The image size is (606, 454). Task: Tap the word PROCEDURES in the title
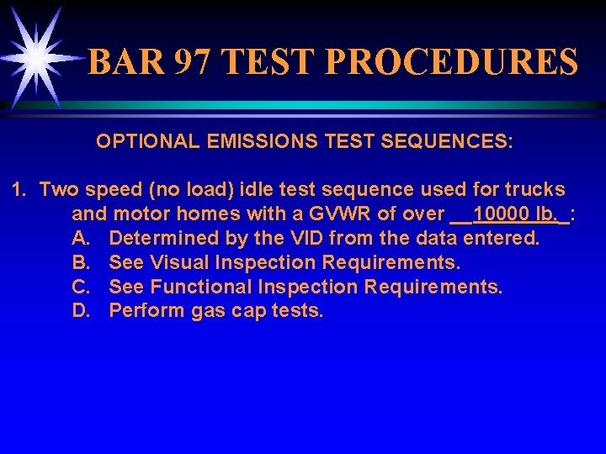click(450, 62)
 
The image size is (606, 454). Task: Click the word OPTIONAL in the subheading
click(147, 141)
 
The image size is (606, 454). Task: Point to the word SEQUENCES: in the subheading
click(446, 141)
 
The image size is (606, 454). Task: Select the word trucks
click(533, 190)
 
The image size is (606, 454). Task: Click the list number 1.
click(19, 190)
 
